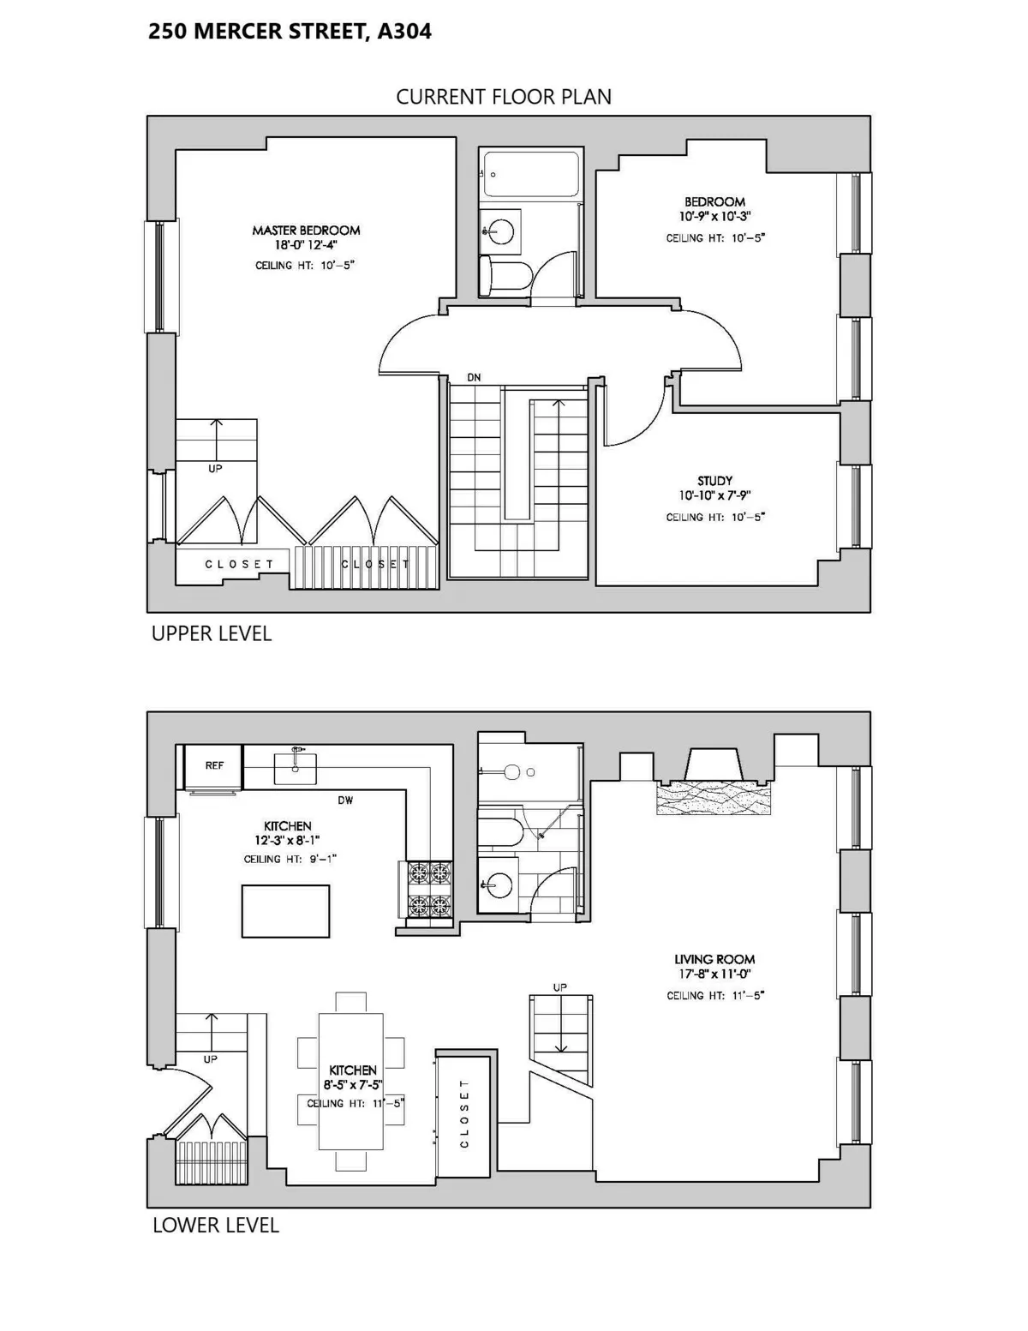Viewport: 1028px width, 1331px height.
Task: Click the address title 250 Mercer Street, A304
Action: [x=290, y=32]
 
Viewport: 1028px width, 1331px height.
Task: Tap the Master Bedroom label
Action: [x=306, y=231]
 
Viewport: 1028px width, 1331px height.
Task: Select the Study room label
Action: [x=714, y=481]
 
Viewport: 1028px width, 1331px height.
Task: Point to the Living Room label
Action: [x=714, y=960]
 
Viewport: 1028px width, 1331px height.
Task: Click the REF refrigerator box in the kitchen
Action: [x=214, y=765]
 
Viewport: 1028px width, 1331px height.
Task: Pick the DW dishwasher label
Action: [x=345, y=800]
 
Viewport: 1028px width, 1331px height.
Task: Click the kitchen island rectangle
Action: [x=285, y=912]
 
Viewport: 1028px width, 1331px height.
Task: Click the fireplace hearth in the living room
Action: [x=713, y=799]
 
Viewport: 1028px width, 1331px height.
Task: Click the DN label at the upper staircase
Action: [x=474, y=377]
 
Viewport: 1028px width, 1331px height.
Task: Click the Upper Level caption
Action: [x=211, y=633]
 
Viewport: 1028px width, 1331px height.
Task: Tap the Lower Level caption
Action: [x=215, y=1226]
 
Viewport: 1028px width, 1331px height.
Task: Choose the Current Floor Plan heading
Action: [x=504, y=97]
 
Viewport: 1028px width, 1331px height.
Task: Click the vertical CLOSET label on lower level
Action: [x=464, y=1113]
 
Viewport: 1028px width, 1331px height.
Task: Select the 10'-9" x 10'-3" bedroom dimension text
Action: [x=714, y=217]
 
